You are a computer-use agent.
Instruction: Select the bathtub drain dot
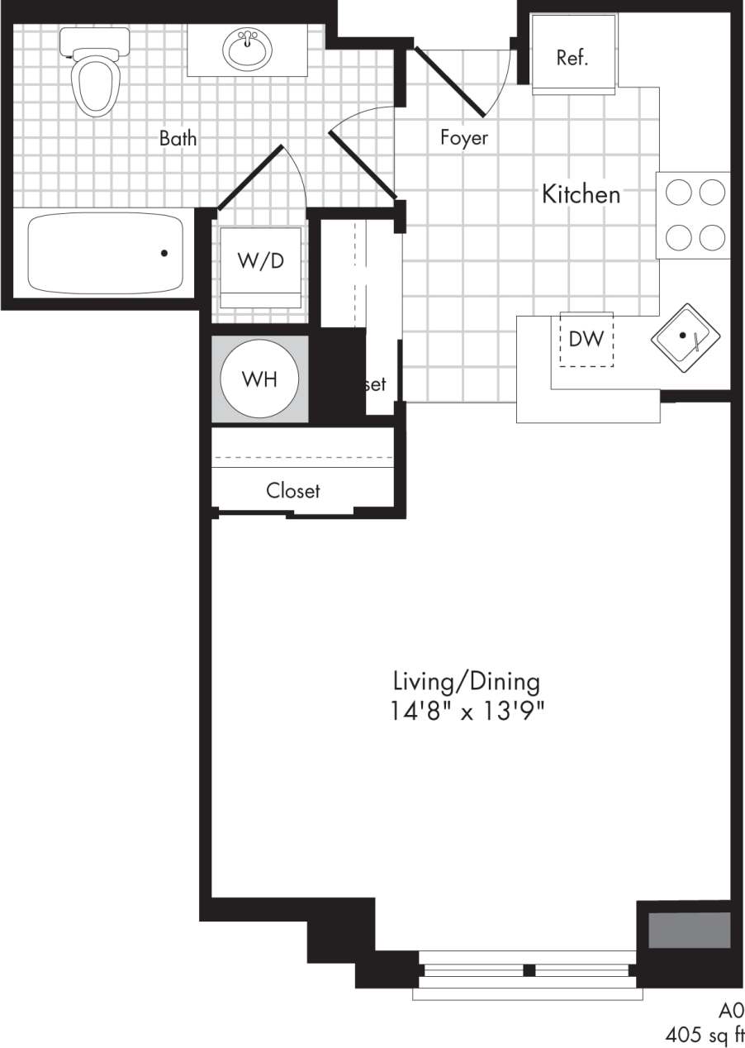click(164, 253)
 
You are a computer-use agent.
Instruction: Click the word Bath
click(178, 138)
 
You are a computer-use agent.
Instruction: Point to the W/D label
click(260, 261)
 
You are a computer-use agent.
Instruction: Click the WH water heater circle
click(259, 379)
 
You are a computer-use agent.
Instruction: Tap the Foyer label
click(463, 138)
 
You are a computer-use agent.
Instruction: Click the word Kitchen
click(581, 195)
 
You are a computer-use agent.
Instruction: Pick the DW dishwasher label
click(586, 338)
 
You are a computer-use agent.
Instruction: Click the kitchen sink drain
click(682, 335)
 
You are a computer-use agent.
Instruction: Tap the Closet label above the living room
click(292, 491)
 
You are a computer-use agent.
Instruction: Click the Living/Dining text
click(467, 683)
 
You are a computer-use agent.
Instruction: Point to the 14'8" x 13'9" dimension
click(467, 711)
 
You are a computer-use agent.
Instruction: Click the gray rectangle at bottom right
click(689, 931)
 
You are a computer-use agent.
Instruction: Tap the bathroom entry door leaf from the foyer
click(363, 164)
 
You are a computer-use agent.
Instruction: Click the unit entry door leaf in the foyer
click(450, 80)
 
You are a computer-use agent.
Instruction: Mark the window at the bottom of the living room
click(526, 971)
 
